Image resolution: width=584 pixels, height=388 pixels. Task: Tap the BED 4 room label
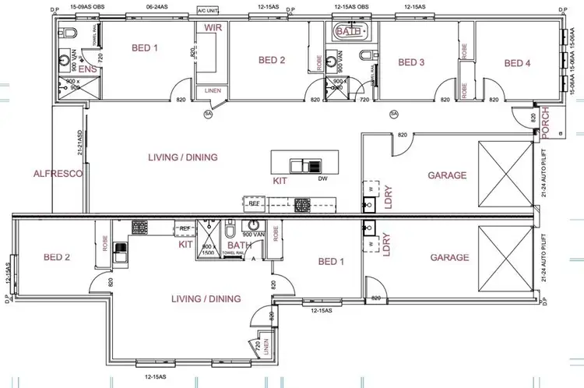pos(517,63)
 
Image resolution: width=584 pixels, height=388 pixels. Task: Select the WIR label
pos(213,28)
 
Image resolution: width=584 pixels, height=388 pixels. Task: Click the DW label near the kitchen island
pos(322,178)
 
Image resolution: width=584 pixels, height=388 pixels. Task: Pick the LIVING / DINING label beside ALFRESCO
pos(182,157)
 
